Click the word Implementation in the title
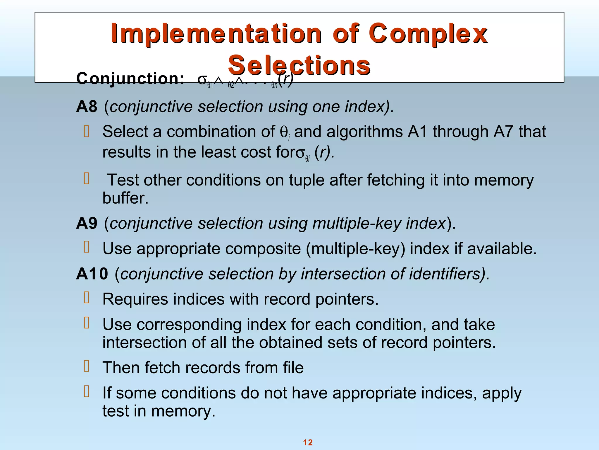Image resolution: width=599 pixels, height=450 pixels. (x=216, y=34)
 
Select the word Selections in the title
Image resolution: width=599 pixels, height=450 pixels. (x=299, y=65)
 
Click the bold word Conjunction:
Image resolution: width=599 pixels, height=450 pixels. (x=130, y=79)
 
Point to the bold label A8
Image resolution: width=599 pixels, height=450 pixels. (x=87, y=106)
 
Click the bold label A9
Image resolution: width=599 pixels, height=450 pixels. (x=87, y=223)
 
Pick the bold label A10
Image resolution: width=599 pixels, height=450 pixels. (x=92, y=274)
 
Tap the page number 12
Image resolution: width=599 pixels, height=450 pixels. (x=308, y=442)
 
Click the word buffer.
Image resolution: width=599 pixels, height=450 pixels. (x=125, y=198)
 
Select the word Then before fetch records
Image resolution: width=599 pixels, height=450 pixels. (x=121, y=367)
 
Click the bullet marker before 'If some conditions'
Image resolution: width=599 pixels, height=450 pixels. (x=87, y=391)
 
